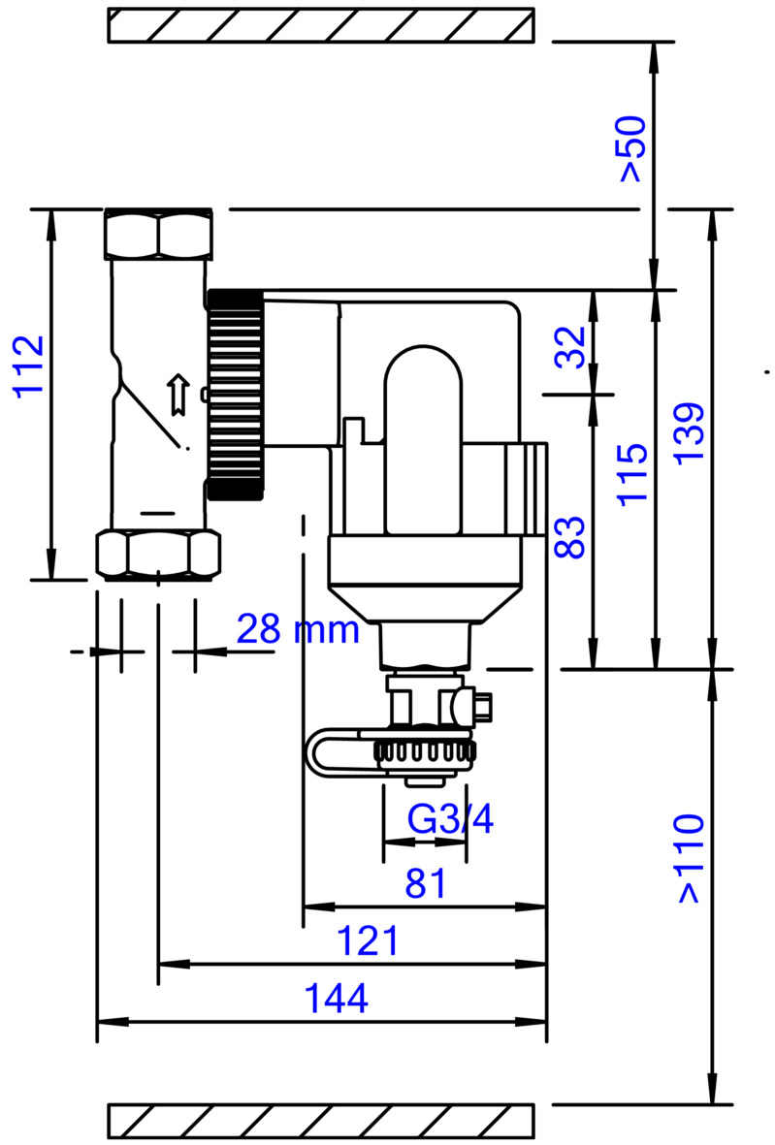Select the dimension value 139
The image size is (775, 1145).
(x=691, y=430)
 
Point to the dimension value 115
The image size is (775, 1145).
(x=631, y=473)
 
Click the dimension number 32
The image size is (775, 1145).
(x=571, y=346)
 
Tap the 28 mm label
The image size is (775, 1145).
(x=298, y=631)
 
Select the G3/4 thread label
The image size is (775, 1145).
(x=450, y=820)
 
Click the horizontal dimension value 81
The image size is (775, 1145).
(x=427, y=883)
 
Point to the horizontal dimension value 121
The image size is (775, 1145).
(x=368, y=941)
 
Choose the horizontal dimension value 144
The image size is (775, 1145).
(x=338, y=999)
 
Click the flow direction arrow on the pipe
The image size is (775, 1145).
(x=177, y=393)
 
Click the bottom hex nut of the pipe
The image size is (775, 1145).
(x=158, y=554)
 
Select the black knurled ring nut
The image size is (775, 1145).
(x=234, y=394)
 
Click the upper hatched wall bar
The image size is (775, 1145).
(x=320, y=25)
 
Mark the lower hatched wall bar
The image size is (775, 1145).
(x=320, y=1121)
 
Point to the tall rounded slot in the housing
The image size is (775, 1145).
(x=423, y=441)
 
